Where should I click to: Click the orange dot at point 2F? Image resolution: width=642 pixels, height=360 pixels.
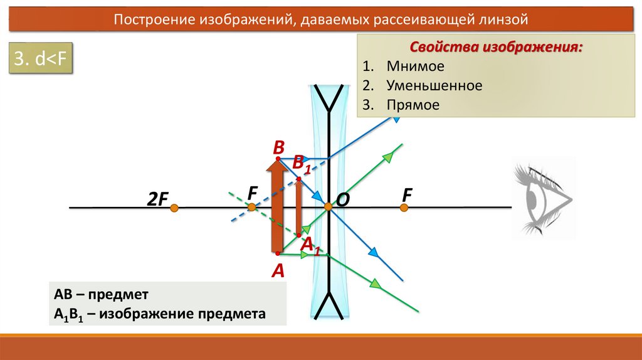(x=174, y=207)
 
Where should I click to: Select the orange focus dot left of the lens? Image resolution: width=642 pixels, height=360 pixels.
(x=251, y=207)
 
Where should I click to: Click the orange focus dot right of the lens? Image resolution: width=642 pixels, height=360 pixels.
(x=404, y=207)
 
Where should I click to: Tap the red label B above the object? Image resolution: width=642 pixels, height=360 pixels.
(x=278, y=147)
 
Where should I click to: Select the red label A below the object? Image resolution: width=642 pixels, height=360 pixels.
(x=278, y=271)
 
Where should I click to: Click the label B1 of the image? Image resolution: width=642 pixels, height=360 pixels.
(x=302, y=164)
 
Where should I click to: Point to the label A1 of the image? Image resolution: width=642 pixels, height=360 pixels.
(x=310, y=246)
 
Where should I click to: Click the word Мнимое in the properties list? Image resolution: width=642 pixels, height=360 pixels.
(x=415, y=66)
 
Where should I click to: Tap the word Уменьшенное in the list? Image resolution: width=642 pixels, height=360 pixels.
(x=434, y=85)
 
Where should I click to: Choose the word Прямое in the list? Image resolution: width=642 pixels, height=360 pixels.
(x=413, y=105)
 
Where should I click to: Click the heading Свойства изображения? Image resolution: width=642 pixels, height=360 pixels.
(x=495, y=48)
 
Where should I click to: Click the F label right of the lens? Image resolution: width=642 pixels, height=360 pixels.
(x=407, y=195)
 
